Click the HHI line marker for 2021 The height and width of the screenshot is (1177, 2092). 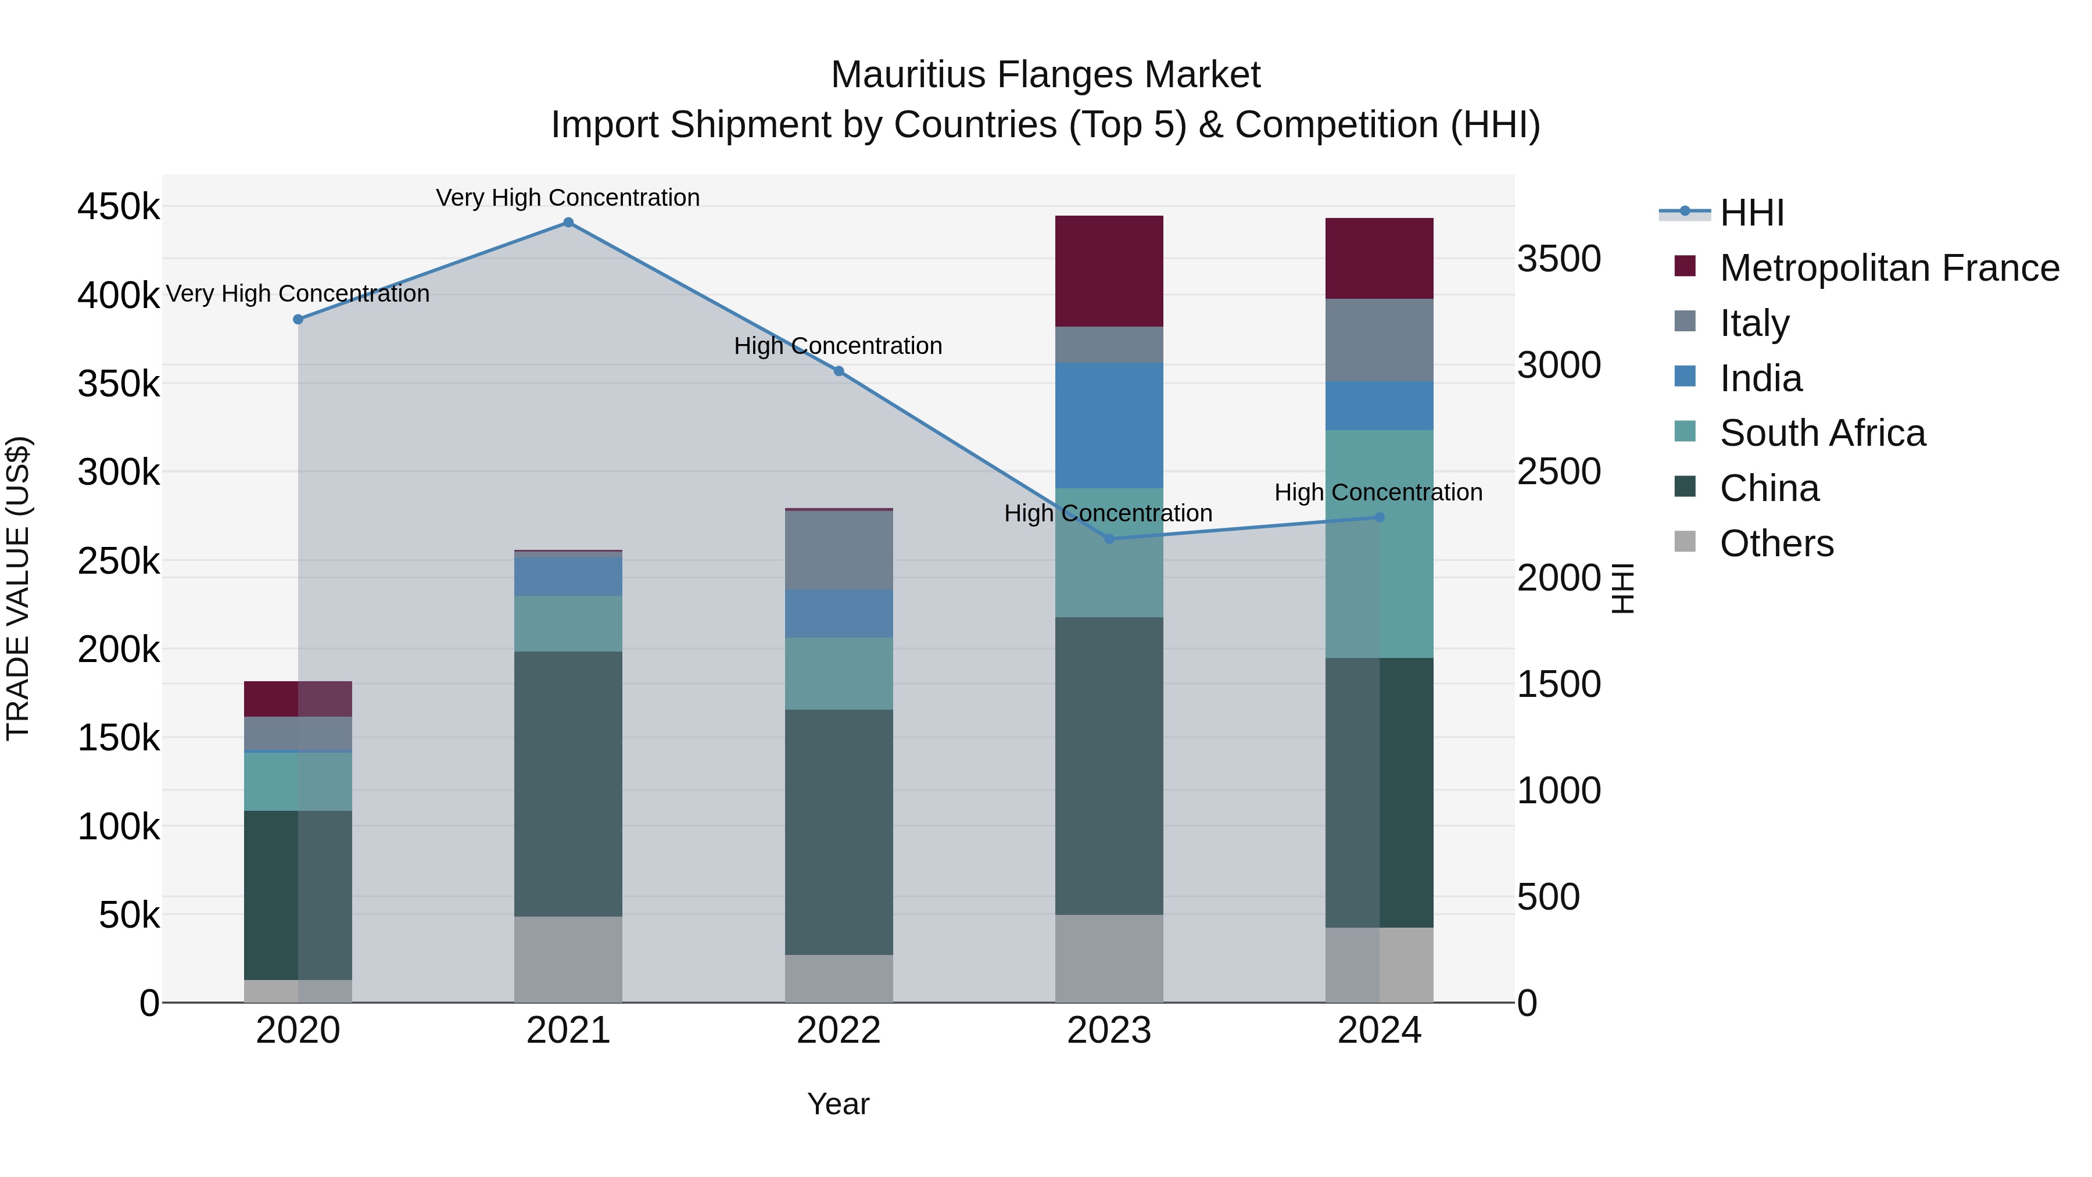point(568,223)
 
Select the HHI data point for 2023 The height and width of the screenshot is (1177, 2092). point(1109,539)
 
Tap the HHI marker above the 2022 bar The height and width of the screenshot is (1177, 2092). point(839,371)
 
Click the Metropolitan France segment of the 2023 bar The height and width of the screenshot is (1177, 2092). point(1109,271)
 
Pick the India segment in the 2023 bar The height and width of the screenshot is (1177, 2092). point(1109,425)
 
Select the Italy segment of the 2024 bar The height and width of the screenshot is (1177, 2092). point(1379,341)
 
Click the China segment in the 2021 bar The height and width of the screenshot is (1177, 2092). point(568,784)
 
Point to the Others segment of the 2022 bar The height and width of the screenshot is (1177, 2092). point(839,978)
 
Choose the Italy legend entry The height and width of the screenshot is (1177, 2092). point(1754,323)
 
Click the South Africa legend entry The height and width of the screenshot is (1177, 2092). point(1822,433)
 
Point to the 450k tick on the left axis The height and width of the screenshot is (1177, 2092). point(119,207)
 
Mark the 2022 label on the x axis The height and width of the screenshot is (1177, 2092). point(839,1031)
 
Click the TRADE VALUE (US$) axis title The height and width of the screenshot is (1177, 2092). point(18,588)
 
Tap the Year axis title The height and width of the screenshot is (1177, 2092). point(838,1104)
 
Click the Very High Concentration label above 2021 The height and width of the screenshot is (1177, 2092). point(568,198)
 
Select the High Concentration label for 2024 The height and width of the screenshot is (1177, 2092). point(1378,492)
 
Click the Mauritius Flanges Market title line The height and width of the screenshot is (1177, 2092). point(1045,75)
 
